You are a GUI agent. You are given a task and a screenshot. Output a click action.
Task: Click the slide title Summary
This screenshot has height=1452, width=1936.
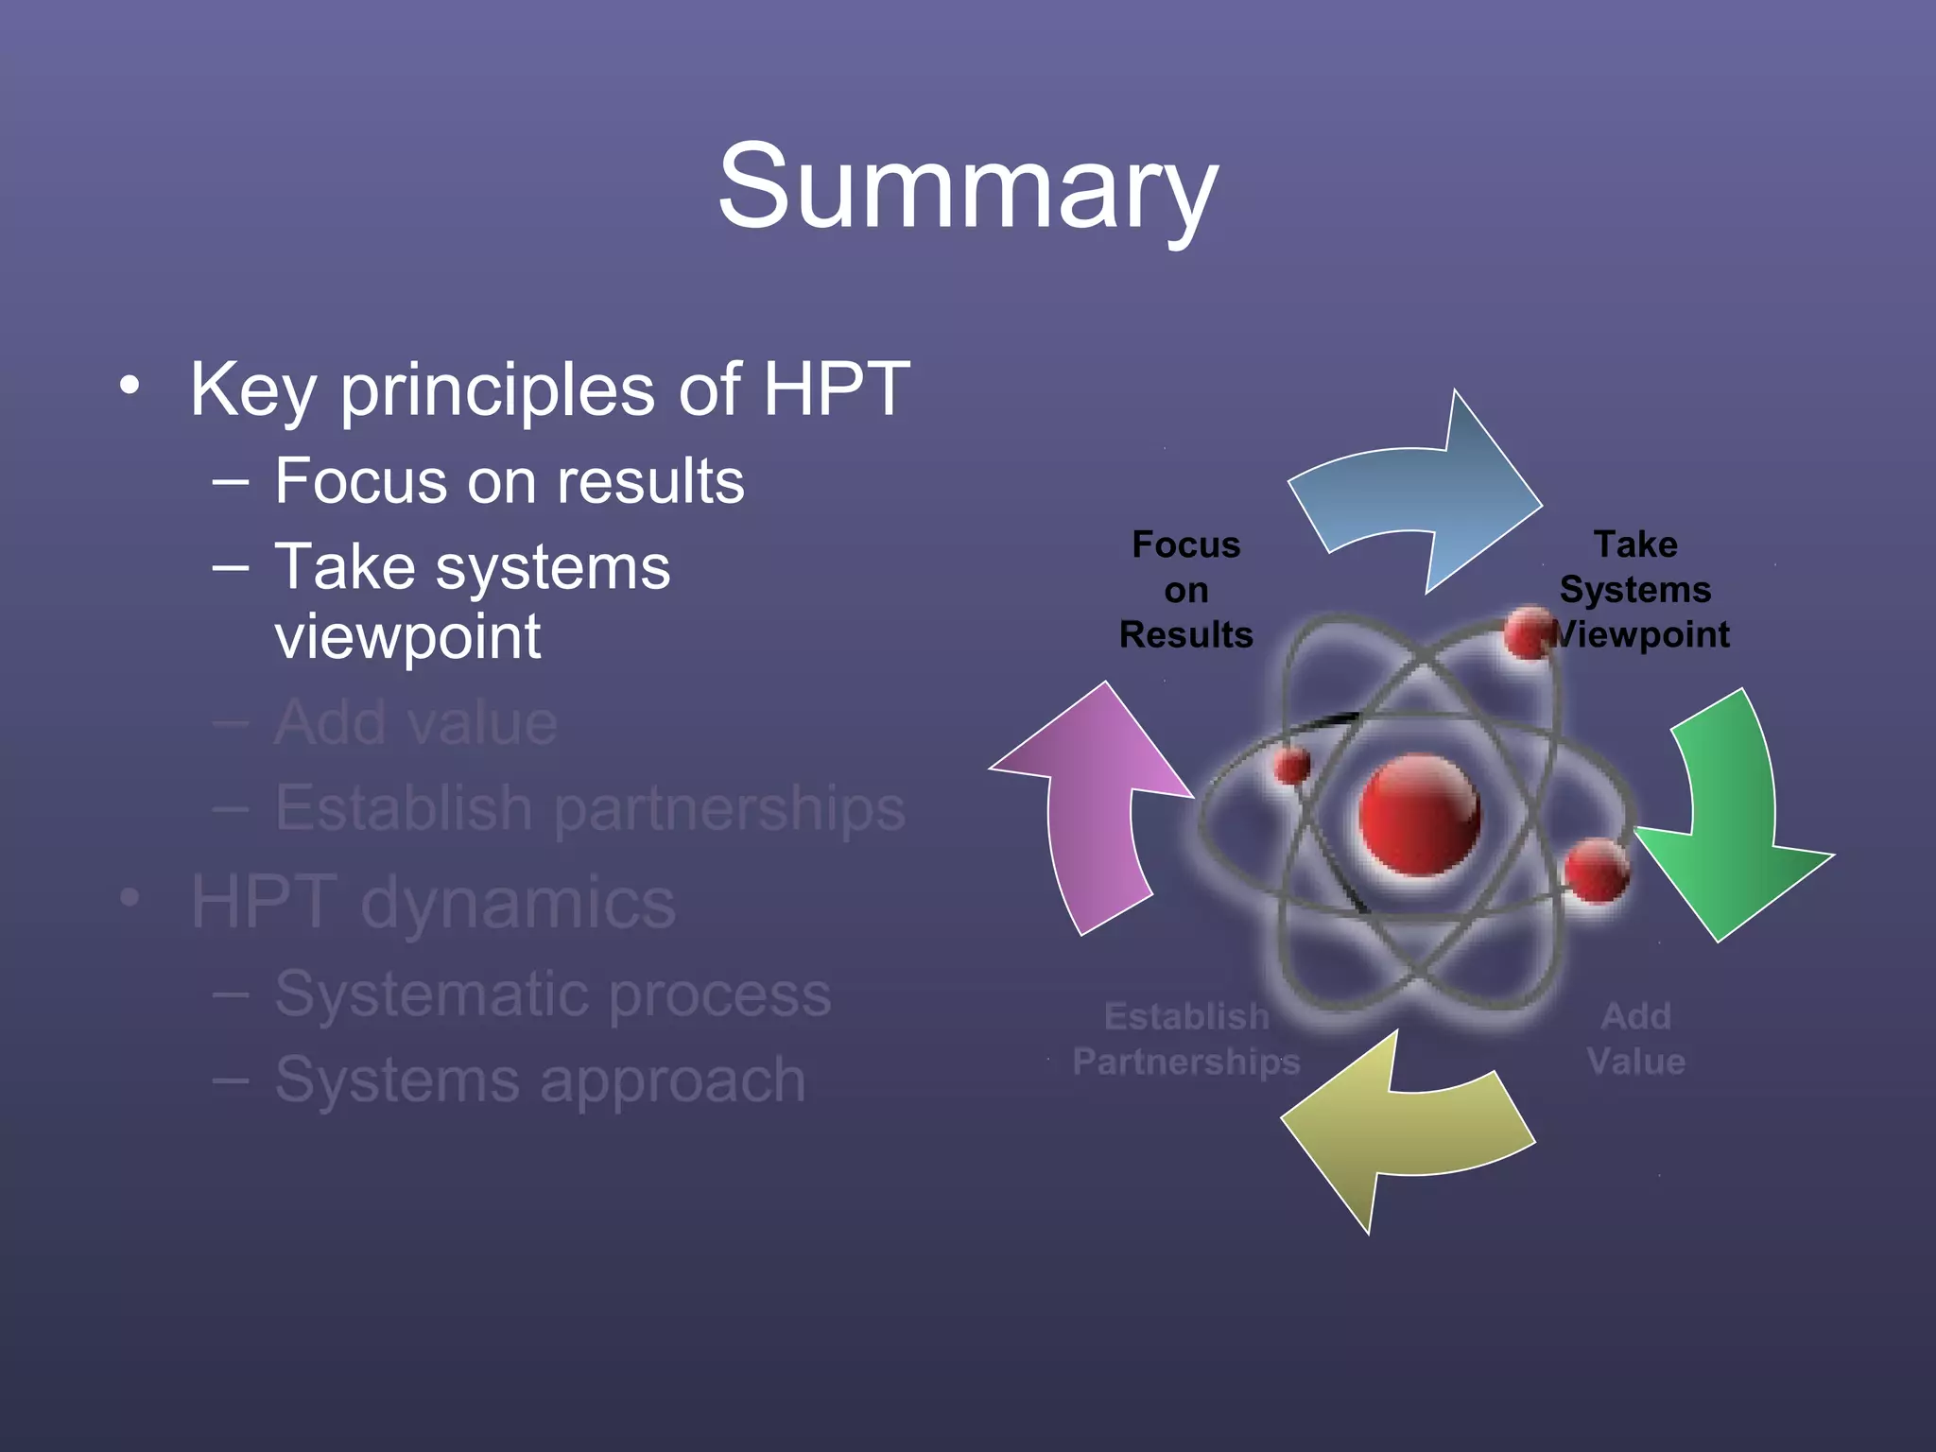(966, 186)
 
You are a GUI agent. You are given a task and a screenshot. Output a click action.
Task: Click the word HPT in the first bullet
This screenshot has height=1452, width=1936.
(836, 389)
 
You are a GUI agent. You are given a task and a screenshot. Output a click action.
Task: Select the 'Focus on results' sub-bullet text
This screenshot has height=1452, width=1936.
(510, 481)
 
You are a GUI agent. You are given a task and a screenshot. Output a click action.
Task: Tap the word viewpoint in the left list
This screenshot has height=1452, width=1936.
(407, 637)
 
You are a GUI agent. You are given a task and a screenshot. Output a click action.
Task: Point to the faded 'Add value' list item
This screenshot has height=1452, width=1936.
(416, 723)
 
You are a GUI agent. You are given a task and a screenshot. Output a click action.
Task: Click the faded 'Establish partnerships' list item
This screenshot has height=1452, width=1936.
(590, 809)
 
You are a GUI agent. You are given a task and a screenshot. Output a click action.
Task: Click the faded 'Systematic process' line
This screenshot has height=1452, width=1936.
(553, 994)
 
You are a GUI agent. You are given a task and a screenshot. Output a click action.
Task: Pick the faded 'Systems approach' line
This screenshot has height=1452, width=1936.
(540, 1080)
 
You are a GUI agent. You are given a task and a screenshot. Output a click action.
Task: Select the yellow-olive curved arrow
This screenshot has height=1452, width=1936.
(1399, 1134)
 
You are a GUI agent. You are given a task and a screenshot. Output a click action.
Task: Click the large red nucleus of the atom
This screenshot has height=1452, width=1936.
(1418, 814)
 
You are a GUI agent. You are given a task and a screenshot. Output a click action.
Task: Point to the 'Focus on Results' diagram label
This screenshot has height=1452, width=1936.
(1185, 590)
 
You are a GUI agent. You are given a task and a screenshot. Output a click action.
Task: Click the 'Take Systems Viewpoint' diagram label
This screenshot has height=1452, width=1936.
(1636, 590)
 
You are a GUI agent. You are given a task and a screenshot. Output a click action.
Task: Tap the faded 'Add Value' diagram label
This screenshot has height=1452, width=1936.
(1635, 1039)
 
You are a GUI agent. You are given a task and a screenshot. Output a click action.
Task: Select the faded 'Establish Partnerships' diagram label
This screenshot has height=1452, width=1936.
(1185, 1039)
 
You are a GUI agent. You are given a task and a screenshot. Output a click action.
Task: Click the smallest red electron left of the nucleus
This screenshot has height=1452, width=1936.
(1291, 765)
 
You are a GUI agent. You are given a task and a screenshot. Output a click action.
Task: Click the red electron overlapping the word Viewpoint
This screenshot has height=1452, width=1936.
(1528, 633)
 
